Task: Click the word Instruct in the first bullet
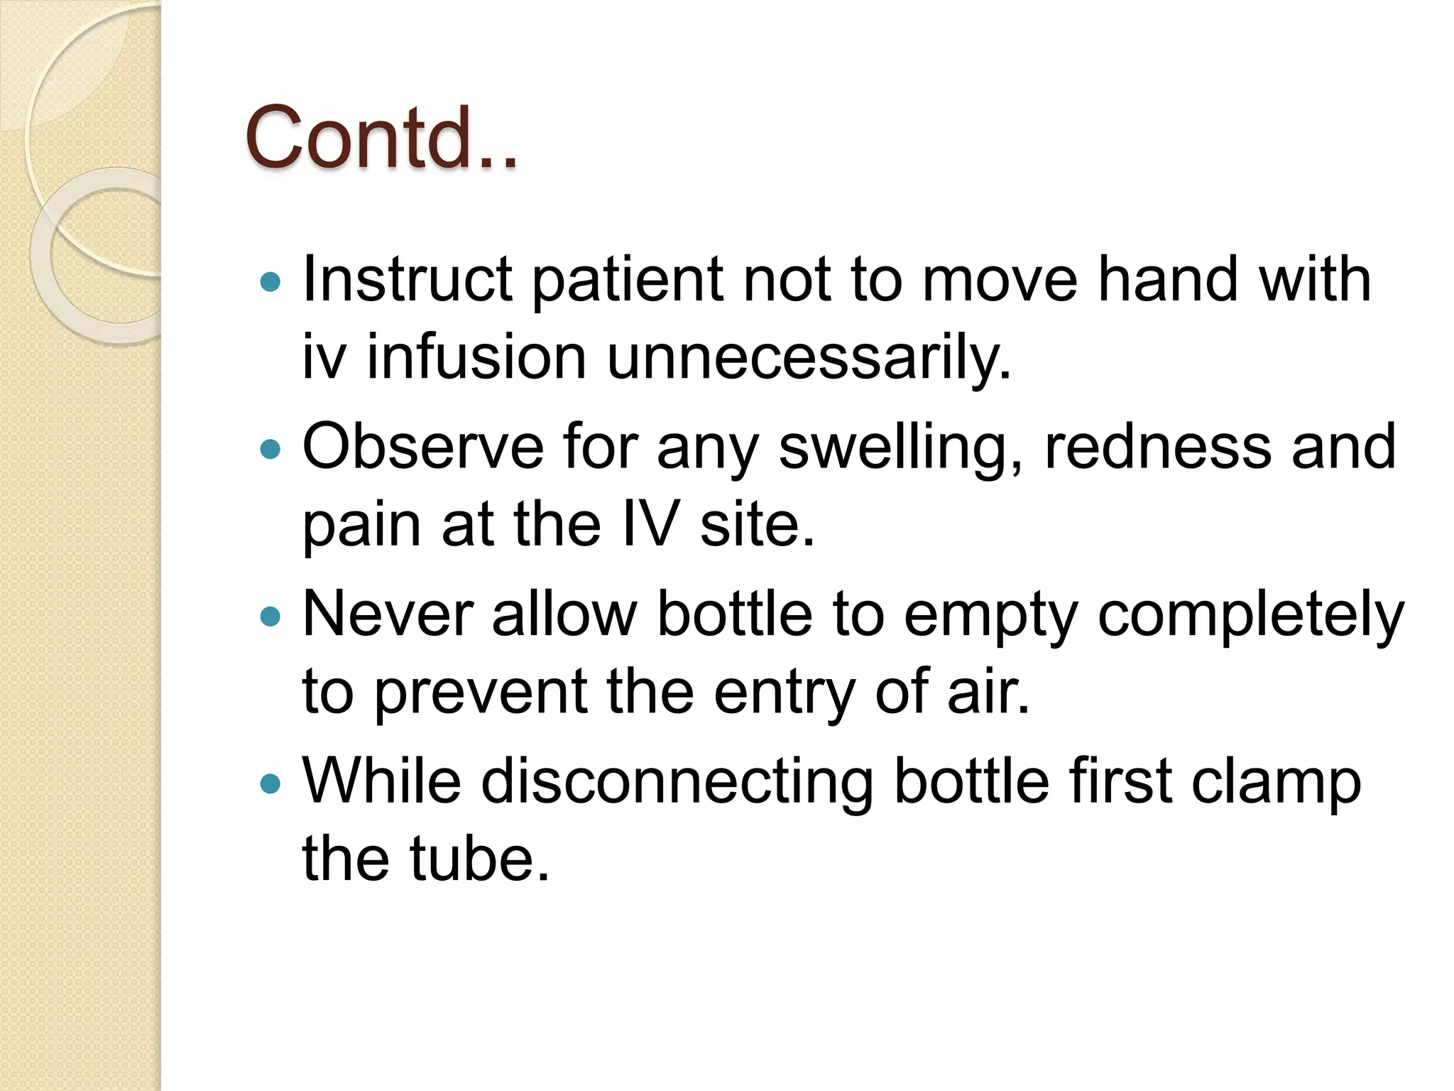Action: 407,279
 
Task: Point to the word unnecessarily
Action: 809,357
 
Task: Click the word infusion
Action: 476,357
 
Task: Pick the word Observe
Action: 422,447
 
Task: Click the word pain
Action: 361,526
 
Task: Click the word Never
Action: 388,614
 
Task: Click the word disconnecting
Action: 677,782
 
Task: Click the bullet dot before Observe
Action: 270,449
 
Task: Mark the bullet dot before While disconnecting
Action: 270,783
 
